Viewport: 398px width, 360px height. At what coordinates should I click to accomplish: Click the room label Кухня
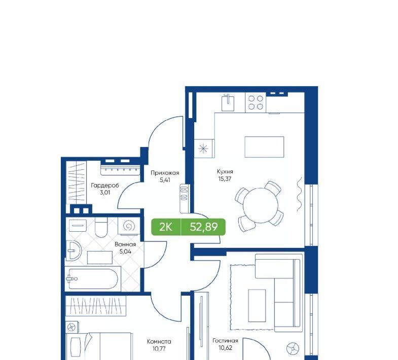coord(225,171)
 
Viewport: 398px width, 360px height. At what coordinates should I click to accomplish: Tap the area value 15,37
coord(225,178)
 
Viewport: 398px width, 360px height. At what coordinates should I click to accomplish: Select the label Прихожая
coord(165,173)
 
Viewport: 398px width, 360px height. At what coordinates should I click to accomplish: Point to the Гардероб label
coord(105,186)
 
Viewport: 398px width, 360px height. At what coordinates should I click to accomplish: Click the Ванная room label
coord(125,244)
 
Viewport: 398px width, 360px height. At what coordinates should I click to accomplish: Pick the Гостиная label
coord(225,341)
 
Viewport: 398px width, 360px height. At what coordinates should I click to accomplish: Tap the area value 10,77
coord(159,348)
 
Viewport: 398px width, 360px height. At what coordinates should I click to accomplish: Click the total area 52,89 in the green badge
coord(204,227)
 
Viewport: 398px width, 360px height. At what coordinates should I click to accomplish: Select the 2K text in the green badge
coord(165,227)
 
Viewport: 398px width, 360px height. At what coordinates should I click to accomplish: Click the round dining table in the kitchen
coord(261,205)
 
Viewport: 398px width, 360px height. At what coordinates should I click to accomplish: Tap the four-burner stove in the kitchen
coord(256,102)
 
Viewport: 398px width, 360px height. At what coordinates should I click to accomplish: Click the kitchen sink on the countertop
coord(228,102)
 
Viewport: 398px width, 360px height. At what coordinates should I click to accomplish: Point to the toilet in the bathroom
coord(101,228)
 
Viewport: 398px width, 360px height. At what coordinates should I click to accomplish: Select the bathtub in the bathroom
coord(93,279)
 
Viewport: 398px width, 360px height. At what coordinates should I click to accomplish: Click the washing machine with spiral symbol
coord(128,226)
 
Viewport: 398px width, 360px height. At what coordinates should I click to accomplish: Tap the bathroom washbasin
coord(74,250)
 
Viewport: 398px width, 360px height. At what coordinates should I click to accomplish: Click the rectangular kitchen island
coord(264,147)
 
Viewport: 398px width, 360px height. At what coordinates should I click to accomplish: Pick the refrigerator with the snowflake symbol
coord(204,149)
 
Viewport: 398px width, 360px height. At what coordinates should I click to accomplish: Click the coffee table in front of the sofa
coord(257,306)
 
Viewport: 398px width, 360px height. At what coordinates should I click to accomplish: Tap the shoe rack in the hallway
coord(184,198)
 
